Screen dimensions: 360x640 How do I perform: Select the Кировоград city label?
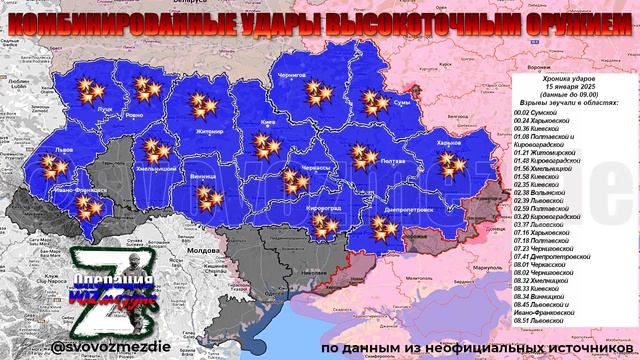click(x=322, y=207)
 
